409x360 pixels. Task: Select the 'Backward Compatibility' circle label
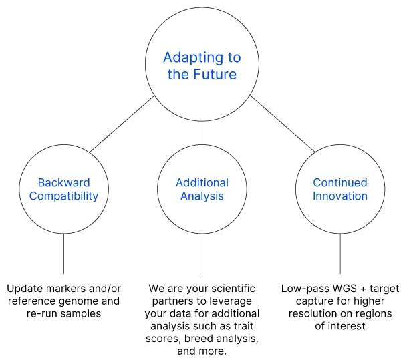coord(63,189)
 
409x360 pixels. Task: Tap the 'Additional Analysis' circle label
coord(202,189)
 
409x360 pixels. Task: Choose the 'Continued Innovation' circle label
coord(340,189)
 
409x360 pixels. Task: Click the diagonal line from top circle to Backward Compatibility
coord(124,124)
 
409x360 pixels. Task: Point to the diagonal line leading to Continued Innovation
coord(281,124)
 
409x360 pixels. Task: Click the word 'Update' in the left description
coord(24,289)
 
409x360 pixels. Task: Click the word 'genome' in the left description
coord(84,301)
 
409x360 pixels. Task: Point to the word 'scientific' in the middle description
coord(232,289)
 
